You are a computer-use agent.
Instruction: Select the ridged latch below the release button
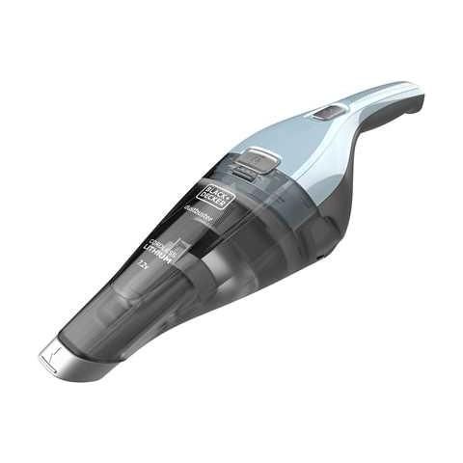coord(246,175)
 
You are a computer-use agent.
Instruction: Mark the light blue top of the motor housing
coord(289,154)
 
